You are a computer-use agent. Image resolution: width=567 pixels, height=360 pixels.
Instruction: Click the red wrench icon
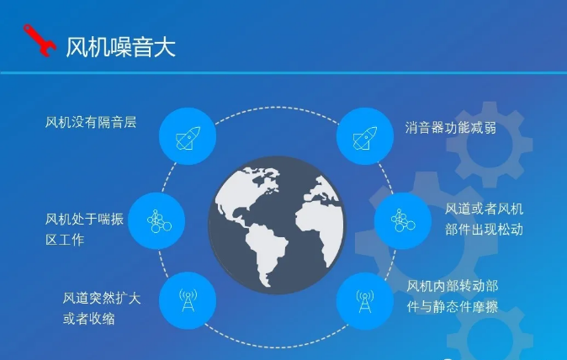pyautogui.click(x=40, y=40)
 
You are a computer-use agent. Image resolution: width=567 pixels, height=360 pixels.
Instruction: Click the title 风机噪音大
pyautogui.click(x=120, y=47)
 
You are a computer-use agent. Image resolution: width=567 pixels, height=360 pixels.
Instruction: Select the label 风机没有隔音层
pyautogui.click(x=91, y=122)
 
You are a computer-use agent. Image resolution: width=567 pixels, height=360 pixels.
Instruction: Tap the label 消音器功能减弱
pyautogui.click(x=451, y=128)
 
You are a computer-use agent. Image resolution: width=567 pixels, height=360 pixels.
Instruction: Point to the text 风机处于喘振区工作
pyautogui.click(x=84, y=230)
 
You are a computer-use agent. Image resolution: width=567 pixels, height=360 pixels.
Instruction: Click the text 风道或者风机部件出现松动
pyautogui.click(x=485, y=219)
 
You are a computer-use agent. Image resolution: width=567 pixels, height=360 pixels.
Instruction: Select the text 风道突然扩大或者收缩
pyautogui.click(x=102, y=309)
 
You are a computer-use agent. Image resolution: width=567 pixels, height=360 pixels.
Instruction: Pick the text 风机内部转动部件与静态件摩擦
pyautogui.click(x=453, y=296)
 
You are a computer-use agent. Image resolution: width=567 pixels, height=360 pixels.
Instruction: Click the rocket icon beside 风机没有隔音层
pyautogui.click(x=188, y=138)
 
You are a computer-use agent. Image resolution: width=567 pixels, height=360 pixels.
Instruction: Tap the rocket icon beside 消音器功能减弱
pyautogui.click(x=365, y=138)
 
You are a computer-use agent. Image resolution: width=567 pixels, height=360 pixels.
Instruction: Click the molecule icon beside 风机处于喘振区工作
pyautogui.click(x=159, y=221)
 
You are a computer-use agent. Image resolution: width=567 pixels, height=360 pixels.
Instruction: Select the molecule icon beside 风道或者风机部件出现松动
pyautogui.click(x=403, y=220)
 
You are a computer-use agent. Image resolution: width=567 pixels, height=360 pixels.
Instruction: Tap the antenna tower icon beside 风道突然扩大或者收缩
pyautogui.click(x=188, y=300)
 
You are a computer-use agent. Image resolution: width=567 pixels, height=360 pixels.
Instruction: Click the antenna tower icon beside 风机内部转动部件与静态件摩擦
pyautogui.click(x=365, y=301)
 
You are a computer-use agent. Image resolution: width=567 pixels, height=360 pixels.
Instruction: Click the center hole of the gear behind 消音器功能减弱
pyautogui.click(x=488, y=146)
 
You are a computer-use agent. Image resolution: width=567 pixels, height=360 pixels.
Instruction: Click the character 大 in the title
pyautogui.click(x=165, y=47)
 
